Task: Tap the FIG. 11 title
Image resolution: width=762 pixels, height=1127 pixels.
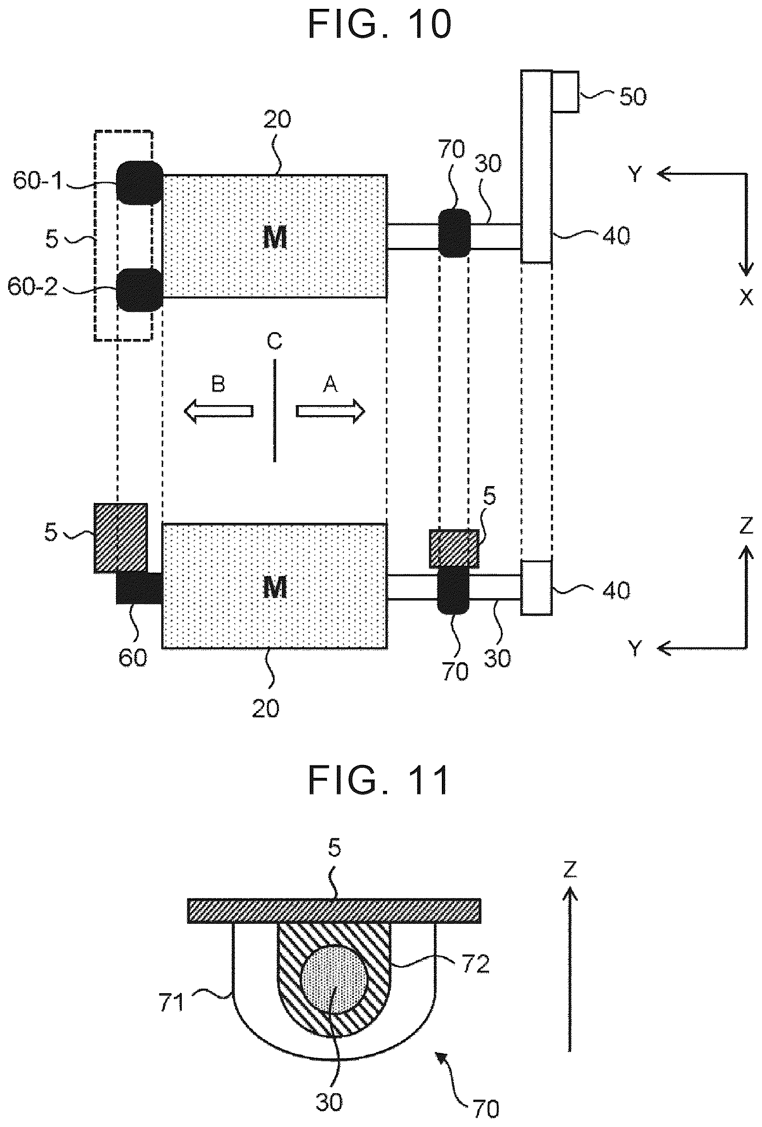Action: (x=379, y=780)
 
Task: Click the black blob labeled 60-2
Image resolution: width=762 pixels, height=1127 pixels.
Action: (x=139, y=290)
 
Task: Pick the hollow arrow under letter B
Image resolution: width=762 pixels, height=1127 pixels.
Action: (x=218, y=411)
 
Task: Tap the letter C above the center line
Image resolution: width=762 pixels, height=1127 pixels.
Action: (x=275, y=342)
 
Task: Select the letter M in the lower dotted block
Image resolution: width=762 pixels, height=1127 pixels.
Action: (x=275, y=587)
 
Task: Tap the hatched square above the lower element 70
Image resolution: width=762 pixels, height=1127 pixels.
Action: (x=454, y=549)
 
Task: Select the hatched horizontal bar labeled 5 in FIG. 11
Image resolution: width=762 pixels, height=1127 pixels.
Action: (x=334, y=911)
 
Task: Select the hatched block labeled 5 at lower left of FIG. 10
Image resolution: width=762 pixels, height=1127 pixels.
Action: (x=120, y=538)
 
